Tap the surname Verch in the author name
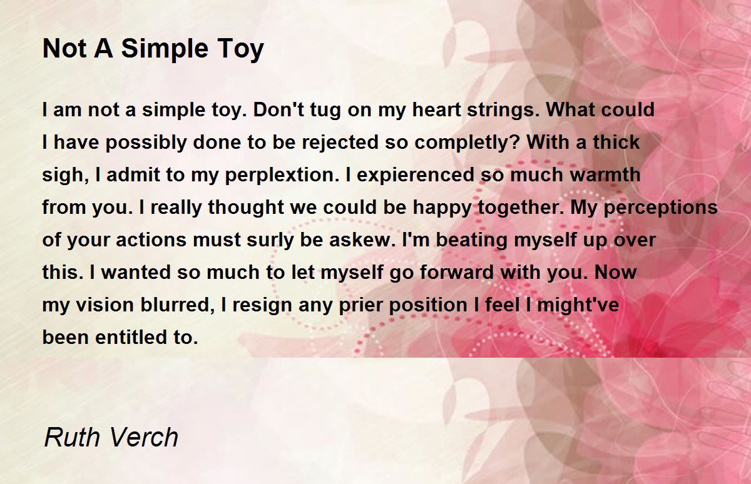[143, 437]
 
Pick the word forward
[457, 272]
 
